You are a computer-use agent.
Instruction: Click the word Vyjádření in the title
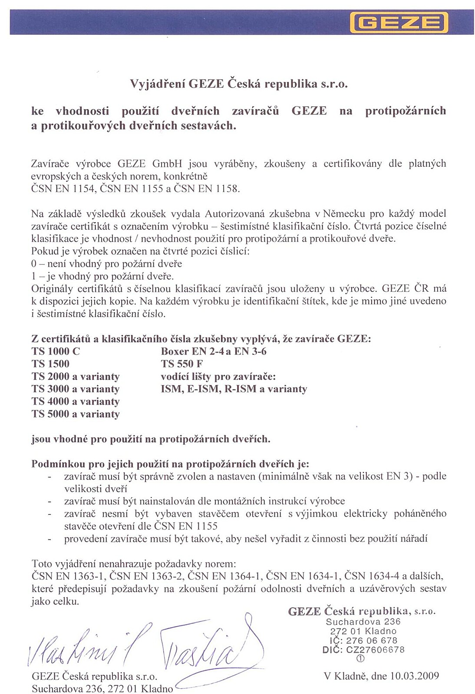point(158,84)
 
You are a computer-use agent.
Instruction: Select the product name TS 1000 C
point(56,351)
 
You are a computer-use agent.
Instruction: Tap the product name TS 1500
point(50,364)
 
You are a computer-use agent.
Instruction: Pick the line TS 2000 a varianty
point(76,376)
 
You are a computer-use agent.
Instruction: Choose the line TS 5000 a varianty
point(76,414)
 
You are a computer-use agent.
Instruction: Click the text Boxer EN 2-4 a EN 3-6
point(214,351)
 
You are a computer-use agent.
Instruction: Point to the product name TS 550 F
point(181,364)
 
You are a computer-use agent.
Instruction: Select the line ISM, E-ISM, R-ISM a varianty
point(234,389)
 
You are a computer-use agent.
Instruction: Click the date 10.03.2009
point(414,676)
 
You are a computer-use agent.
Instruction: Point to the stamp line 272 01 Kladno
point(363,631)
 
